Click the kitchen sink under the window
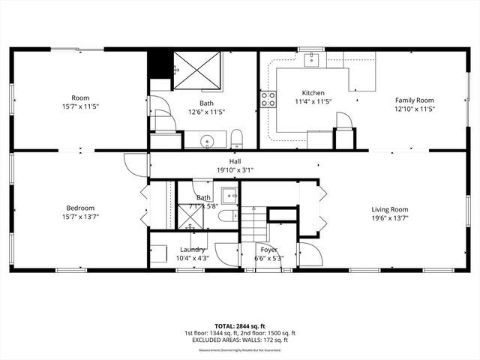pyautogui.click(x=312, y=60)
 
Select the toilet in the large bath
pyautogui.click(x=236, y=138)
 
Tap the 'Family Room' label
pyautogui.click(x=415, y=100)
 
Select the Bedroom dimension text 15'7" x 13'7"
pyautogui.click(x=80, y=217)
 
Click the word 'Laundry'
pyautogui.click(x=193, y=250)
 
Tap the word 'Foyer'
pyautogui.click(x=269, y=250)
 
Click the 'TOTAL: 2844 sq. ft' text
pyautogui.click(x=240, y=325)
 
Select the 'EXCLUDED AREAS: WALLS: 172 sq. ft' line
pyautogui.click(x=240, y=341)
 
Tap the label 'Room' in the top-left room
pyautogui.click(x=80, y=98)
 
